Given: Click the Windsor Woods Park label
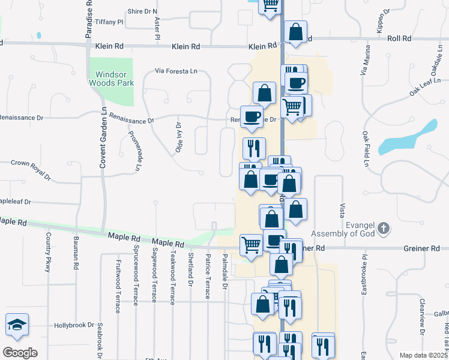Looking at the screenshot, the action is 111,79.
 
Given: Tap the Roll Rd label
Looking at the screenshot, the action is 399,38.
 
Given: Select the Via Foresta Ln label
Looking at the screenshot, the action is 176,71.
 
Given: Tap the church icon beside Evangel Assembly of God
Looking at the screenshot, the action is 384,228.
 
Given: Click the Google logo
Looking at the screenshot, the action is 20,352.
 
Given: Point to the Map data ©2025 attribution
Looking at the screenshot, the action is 423,355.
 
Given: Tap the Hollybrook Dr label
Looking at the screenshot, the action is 74,325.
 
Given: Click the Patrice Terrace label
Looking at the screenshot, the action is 208,276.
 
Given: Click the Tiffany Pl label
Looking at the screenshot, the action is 109,22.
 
